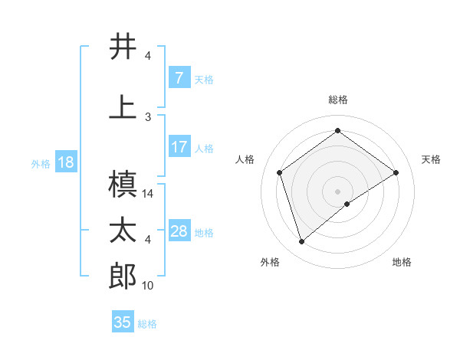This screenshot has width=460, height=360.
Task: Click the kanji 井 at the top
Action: click(x=123, y=47)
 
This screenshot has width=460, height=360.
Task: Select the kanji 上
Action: click(x=123, y=106)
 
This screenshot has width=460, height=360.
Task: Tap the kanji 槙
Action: click(x=123, y=185)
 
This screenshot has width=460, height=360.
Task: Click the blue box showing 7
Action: click(x=179, y=78)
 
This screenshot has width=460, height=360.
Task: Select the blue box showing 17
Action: click(x=179, y=147)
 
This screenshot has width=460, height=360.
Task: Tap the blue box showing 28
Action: click(x=179, y=231)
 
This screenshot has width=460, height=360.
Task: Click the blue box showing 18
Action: click(x=64, y=162)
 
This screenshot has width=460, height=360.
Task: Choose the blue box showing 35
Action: click(x=123, y=322)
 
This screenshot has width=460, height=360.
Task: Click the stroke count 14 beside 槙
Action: click(x=148, y=194)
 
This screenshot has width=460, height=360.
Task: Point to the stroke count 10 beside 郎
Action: click(x=148, y=286)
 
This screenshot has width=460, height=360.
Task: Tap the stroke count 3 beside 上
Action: click(x=148, y=116)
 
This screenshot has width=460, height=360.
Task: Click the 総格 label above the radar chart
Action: click(x=337, y=100)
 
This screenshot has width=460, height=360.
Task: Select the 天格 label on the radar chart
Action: click(x=431, y=159)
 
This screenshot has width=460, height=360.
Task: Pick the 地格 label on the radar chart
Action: click(x=402, y=262)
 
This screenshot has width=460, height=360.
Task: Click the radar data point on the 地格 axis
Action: click(x=347, y=204)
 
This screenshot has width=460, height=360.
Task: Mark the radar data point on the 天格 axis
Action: click(x=396, y=172)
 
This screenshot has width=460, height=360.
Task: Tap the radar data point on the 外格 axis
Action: click(x=302, y=242)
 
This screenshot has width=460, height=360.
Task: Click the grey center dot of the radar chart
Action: click(x=337, y=191)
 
